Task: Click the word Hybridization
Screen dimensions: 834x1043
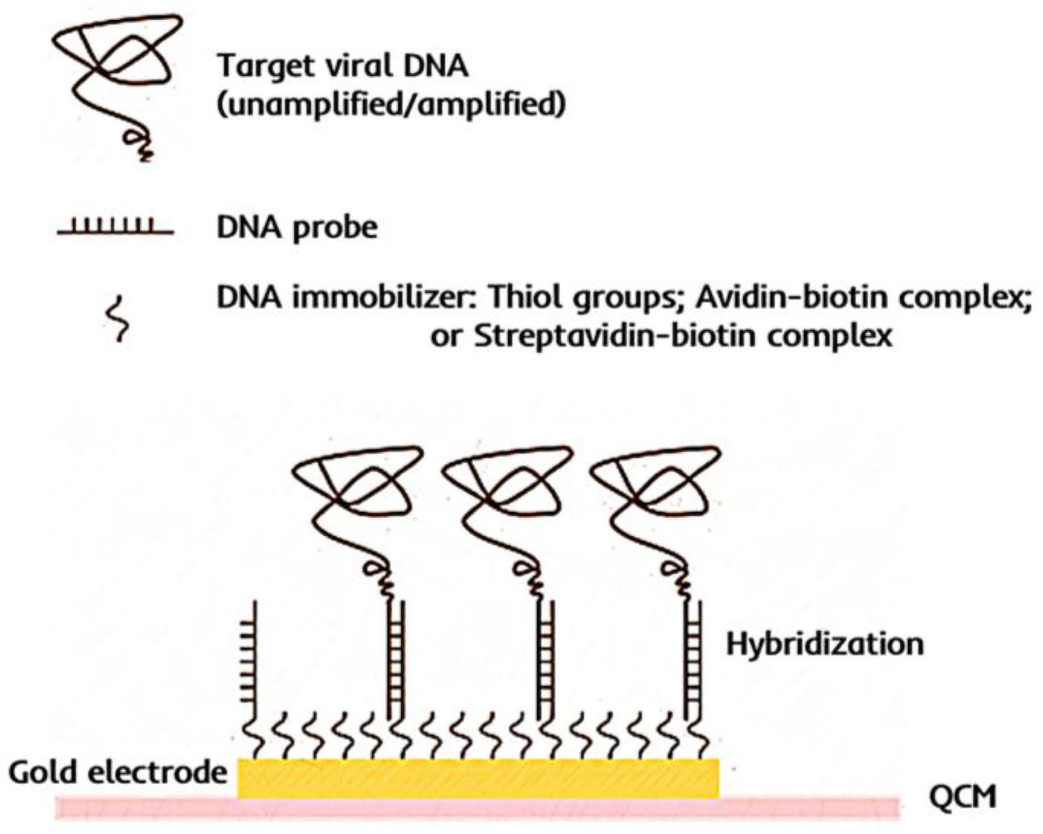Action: click(x=824, y=645)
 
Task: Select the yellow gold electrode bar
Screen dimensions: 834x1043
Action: click(x=478, y=778)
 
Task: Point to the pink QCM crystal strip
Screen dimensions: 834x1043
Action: click(x=809, y=808)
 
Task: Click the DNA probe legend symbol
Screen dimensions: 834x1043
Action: click(x=115, y=227)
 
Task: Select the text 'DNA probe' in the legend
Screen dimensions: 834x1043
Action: click(x=297, y=228)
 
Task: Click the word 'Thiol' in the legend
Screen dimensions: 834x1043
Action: click(x=527, y=298)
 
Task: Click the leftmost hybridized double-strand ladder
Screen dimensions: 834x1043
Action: click(x=395, y=661)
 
